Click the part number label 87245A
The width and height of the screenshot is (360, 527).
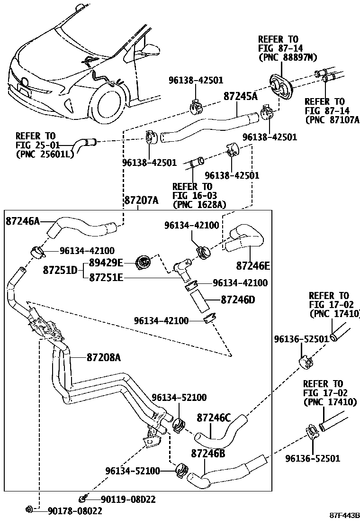(x=240, y=96)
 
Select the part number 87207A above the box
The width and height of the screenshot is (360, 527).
(x=141, y=200)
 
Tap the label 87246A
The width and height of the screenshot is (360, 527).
(x=23, y=220)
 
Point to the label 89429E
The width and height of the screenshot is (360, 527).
(x=106, y=263)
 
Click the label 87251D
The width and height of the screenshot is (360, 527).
(x=60, y=270)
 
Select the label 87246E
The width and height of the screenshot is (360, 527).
(x=253, y=266)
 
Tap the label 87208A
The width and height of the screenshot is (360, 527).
(x=103, y=357)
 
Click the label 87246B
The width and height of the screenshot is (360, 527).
(x=208, y=453)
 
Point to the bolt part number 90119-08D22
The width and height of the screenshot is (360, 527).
(x=127, y=499)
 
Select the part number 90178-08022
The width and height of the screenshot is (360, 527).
(x=75, y=510)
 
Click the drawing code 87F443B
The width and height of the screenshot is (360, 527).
(x=345, y=515)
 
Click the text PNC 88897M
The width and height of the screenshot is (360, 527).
(x=287, y=57)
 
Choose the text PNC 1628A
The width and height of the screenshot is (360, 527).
(x=199, y=204)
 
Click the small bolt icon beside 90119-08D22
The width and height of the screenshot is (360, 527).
(x=83, y=498)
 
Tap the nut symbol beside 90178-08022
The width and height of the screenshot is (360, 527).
(x=29, y=509)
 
